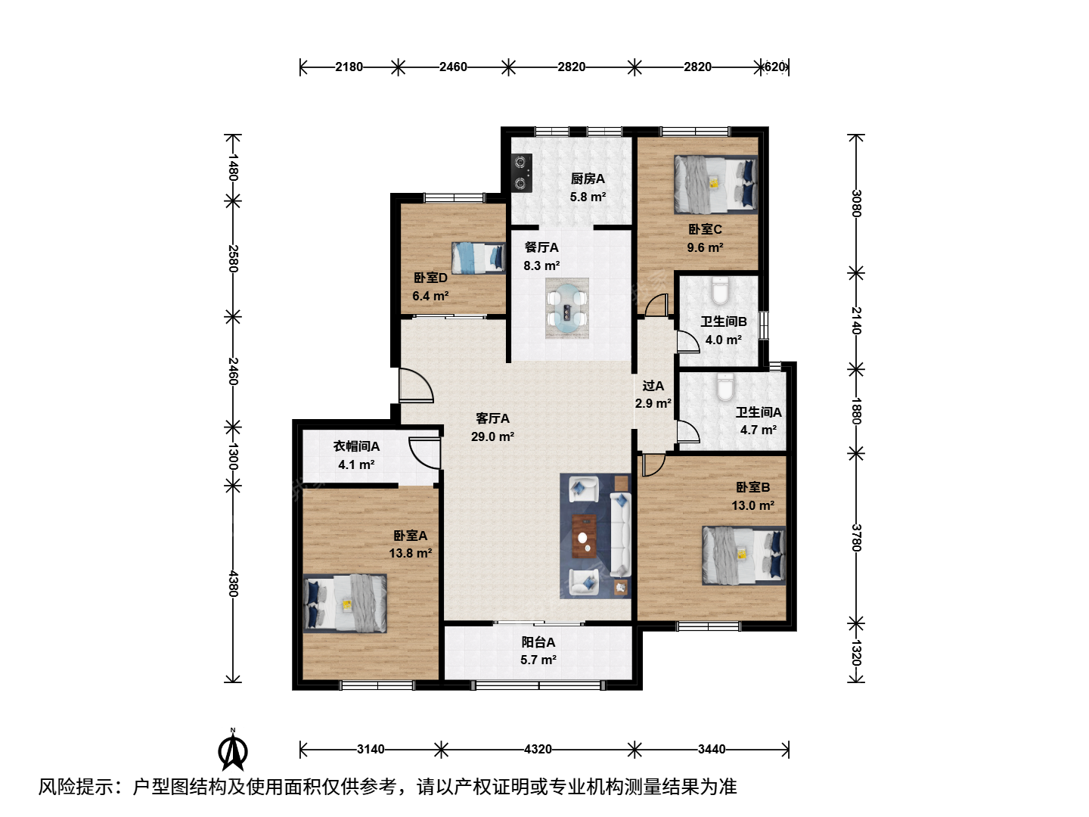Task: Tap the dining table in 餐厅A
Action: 567,308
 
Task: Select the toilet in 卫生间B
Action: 720,290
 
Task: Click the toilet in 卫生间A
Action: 725,387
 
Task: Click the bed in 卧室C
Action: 715,184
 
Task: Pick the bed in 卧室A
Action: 345,603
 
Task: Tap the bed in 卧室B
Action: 743,555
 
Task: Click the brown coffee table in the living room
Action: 584,536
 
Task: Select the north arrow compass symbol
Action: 233,750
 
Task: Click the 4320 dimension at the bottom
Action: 538,749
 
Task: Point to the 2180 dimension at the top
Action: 349,67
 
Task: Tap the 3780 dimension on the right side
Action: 856,538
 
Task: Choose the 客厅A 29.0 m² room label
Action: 492,427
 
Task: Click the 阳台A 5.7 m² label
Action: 538,651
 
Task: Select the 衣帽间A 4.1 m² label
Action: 356,455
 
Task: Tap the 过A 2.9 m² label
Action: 653,394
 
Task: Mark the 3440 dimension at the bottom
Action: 712,749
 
